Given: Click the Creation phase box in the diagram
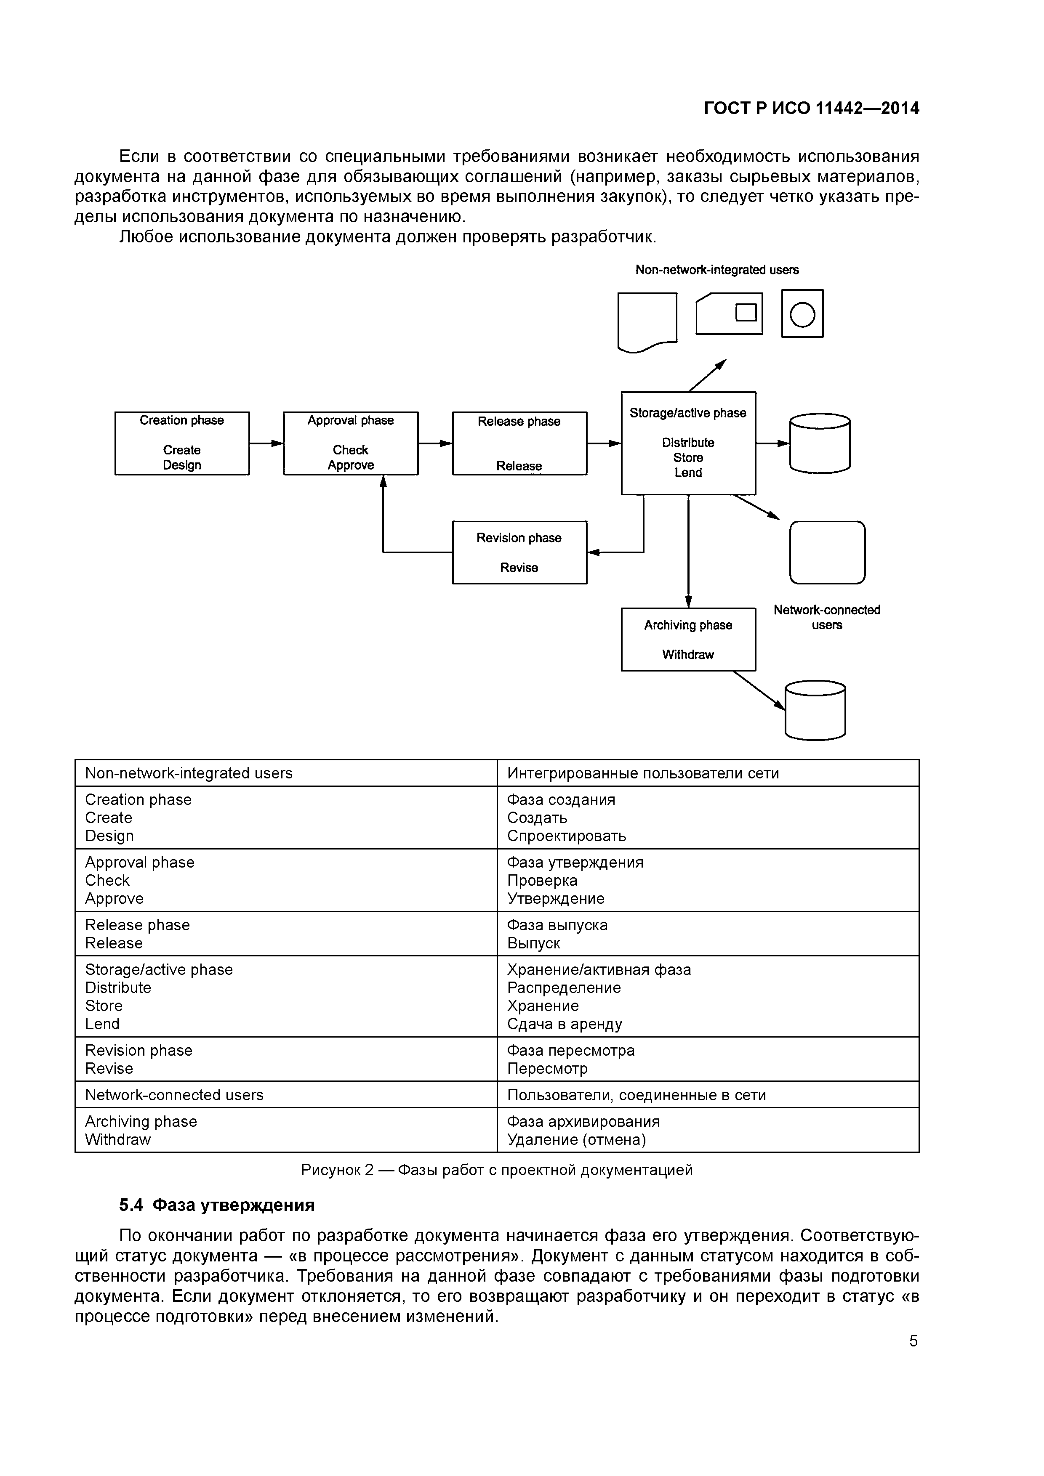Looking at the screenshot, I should click(x=182, y=443).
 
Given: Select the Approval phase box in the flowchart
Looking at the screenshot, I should click(x=351, y=443).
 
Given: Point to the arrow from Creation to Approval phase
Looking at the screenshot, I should click(x=266, y=443).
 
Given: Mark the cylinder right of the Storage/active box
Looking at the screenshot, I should click(x=820, y=443).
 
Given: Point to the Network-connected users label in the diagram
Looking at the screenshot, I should click(x=827, y=617).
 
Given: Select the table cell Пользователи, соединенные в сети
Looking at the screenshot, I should click(x=708, y=1095).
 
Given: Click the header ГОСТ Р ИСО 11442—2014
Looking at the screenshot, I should click(x=811, y=108).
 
